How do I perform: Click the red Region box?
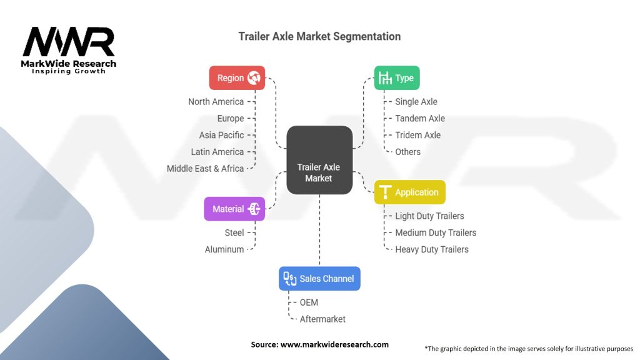[237, 78]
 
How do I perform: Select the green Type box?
[397, 78]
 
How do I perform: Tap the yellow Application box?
[409, 192]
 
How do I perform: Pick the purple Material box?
[234, 209]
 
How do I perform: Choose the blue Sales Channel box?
[319, 279]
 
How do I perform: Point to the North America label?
[216, 101]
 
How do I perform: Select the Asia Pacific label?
[221, 135]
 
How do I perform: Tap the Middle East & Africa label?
[205, 169]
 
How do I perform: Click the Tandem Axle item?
[420, 118]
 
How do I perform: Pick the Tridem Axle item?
[417, 135]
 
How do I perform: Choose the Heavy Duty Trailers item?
[432, 249]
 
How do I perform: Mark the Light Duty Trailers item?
[429, 216]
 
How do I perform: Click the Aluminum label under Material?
[224, 249]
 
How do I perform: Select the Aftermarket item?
[322, 319]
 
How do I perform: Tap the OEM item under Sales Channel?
[309, 302]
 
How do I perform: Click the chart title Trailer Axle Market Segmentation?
[319, 36]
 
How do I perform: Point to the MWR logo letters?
[69, 42]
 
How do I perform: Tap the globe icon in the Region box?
[254, 78]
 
